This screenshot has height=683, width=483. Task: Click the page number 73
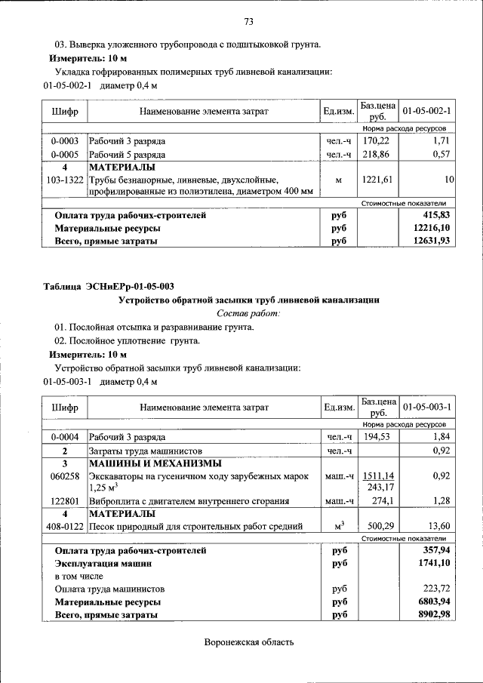(x=248, y=20)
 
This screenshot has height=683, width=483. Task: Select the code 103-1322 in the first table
(x=65, y=180)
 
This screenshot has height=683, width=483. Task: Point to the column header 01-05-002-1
(x=426, y=112)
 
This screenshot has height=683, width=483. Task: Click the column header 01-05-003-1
(x=426, y=407)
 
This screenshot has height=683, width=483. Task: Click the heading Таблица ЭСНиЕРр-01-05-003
(x=109, y=287)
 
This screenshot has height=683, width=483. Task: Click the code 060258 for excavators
(x=65, y=477)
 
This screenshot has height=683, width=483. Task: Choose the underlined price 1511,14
(x=378, y=476)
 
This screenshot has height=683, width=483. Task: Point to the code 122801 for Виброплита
(x=65, y=501)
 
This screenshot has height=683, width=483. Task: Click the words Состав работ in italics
(x=248, y=312)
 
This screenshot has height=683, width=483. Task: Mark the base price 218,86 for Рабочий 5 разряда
(x=375, y=154)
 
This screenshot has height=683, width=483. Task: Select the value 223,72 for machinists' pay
(x=438, y=589)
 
